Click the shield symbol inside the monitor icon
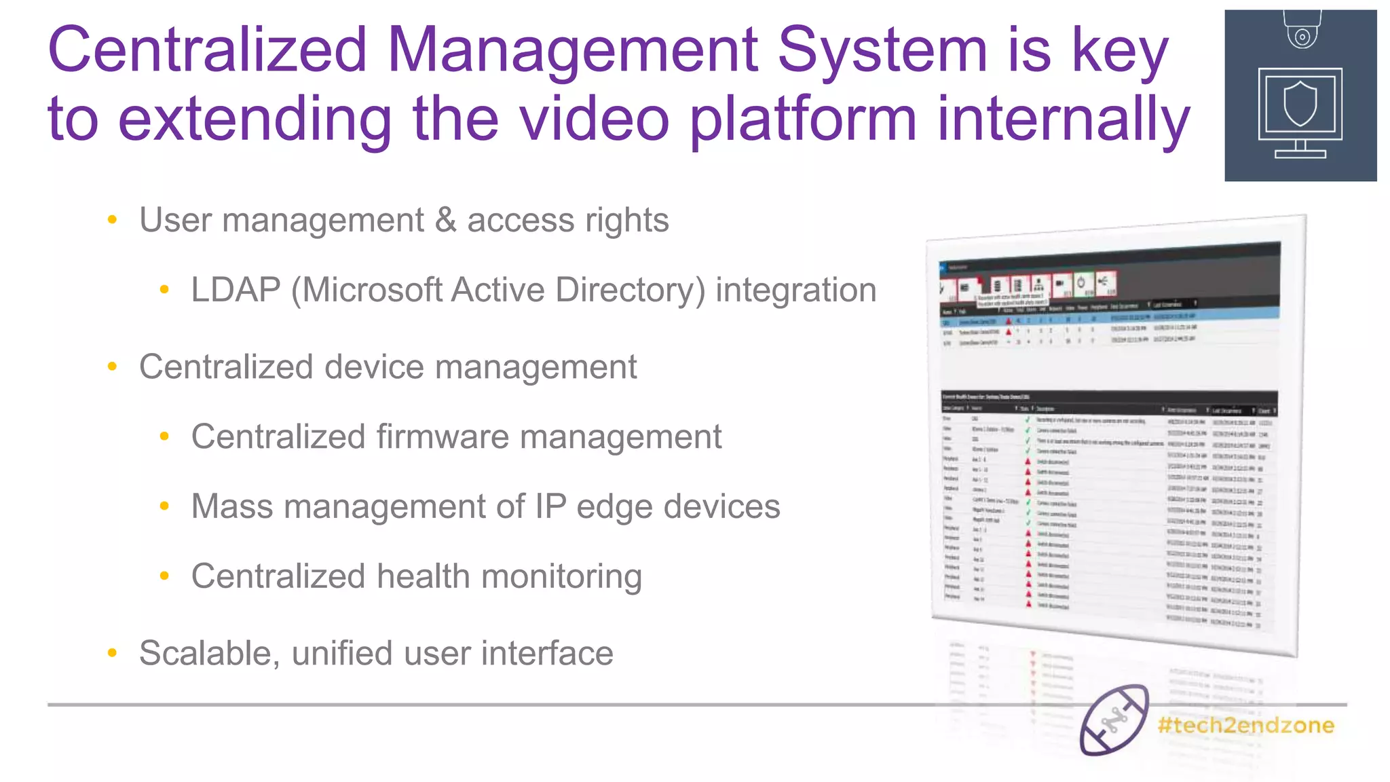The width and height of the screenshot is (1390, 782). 1300,104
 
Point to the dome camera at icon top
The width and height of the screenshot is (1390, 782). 1302,31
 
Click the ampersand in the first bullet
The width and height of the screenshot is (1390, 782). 445,220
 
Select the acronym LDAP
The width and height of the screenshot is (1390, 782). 236,290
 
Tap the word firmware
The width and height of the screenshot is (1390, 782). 442,436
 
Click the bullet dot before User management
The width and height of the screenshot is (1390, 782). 113,220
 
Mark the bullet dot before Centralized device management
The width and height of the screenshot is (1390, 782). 113,367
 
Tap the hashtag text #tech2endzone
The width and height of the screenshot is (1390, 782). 1245,725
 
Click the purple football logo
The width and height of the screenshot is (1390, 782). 1114,720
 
